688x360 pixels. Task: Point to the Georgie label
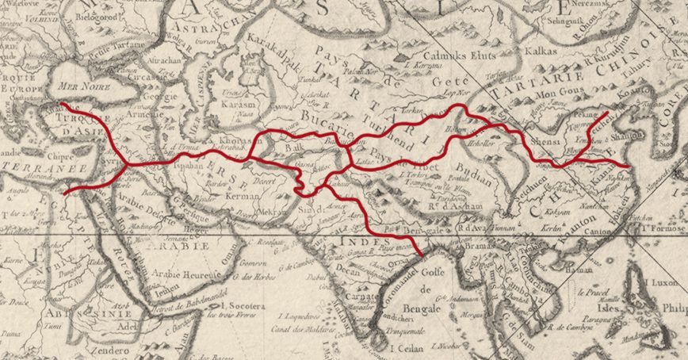[x=162, y=100]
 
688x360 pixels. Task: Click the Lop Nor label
[x=452, y=92]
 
